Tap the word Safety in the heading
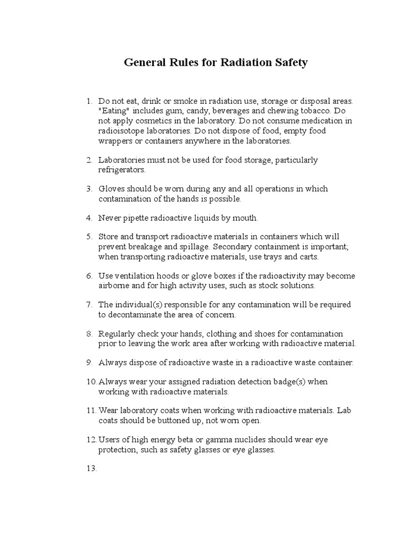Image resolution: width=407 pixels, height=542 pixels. [x=289, y=63]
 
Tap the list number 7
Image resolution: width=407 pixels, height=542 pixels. [x=89, y=305]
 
